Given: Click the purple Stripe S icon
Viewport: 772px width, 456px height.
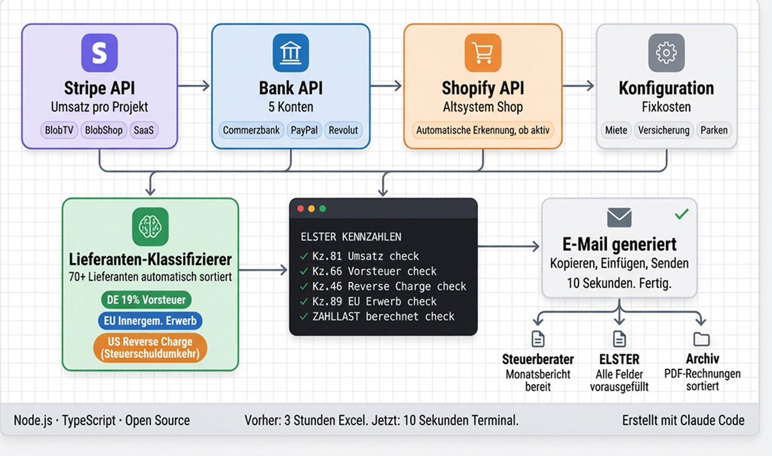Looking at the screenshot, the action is pyautogui.click(x=99, y=53).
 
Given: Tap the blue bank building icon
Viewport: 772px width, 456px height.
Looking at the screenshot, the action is pyautogui.click(x=291, y=53).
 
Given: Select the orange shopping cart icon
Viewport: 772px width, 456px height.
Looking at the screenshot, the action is pyautogui.click(x=483, y=53).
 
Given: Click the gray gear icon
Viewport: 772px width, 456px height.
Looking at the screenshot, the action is pyautogui.click(x=666, y=53).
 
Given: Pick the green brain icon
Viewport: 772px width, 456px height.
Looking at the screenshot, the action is pyautogui.click(x=151, y=226).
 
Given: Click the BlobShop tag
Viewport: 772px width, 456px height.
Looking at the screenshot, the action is pyautogui.click(x=104, y=131).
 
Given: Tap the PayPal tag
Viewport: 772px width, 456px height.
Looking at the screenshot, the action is pyautogui.click(x=304, y=131).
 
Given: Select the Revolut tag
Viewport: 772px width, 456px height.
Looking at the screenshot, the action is pyautogui.click(x=344, y=131).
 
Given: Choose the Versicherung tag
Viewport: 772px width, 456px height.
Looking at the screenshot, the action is pyautogui.click(x=663, y=131).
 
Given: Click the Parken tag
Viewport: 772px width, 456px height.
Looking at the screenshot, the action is pyautogui.click(x=713, y=131).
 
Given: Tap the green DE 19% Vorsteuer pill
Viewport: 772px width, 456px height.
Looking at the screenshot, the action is pyautogui.click(x=146, y=300).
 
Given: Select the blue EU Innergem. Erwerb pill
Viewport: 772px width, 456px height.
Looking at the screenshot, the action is pyautogui.click(x=150, y=321).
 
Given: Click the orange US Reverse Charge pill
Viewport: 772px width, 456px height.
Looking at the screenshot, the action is pyautogui.click(x=150, y=348).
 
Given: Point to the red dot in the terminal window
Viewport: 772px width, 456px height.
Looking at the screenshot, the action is pyautogui.click(x=300, y=209).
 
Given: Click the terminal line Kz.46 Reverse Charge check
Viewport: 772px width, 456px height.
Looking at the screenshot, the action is pyautogui.click(x=383, y=286).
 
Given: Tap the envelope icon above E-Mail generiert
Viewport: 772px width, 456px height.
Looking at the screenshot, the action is pyautogui.click(x=620, y=217).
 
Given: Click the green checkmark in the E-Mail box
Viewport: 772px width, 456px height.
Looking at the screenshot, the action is pyautogui.click(x=682, y=214).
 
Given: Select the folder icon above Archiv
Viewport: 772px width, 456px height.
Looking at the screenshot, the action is pyautogui.click(x=701, y=340).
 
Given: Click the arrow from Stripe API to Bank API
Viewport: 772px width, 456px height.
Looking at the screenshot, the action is pyautogui.click(x=194, y=86).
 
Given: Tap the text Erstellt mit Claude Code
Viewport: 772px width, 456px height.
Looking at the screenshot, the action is pyautogui.click(x=683, y=421).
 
